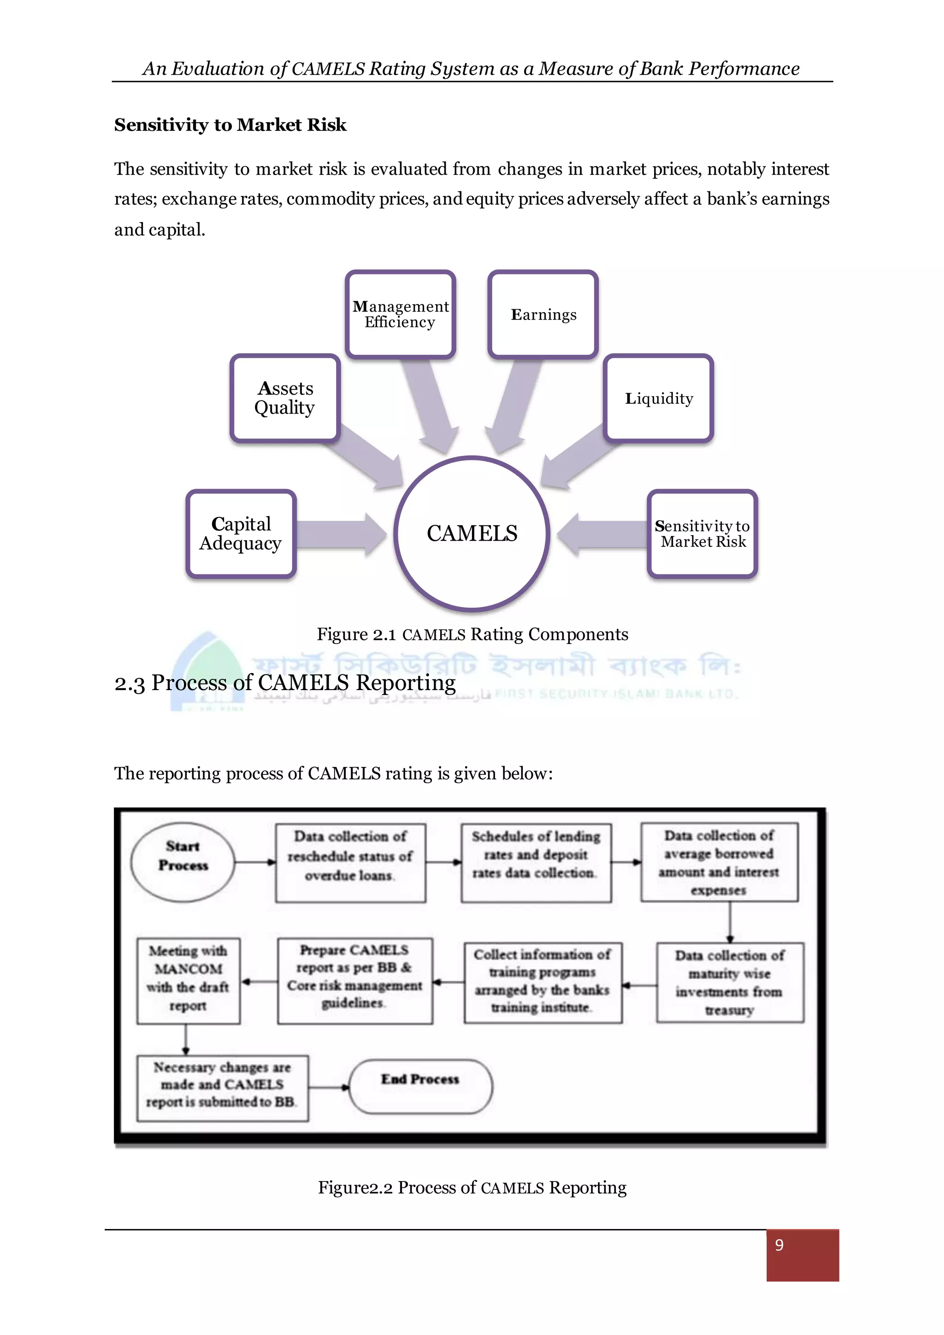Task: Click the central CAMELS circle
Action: [x=472, y=533]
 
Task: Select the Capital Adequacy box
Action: [x=241, y=534]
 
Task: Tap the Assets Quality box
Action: [x=285, y=398]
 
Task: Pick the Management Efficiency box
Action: [x=400, y=314]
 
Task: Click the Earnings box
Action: [x=543, y=314]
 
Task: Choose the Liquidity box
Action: [x=659, y=398]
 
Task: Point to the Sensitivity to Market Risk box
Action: [x=702, y=534]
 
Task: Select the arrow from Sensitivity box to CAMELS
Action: [x=602, y=534]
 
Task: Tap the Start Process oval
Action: [x=183, y=862]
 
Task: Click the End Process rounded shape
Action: [x=420, y=1086]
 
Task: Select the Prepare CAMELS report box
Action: [x=354, y=981]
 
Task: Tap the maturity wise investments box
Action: [x=730, y=982]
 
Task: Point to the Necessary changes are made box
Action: [x=222, y=1088]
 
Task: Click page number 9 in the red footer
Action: [x=779, y=1244]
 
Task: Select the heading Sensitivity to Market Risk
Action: [x=230, y=125]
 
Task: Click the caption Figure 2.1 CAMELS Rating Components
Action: [x=472, y=634]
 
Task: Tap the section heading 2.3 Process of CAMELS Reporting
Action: [x=285, y=683]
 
